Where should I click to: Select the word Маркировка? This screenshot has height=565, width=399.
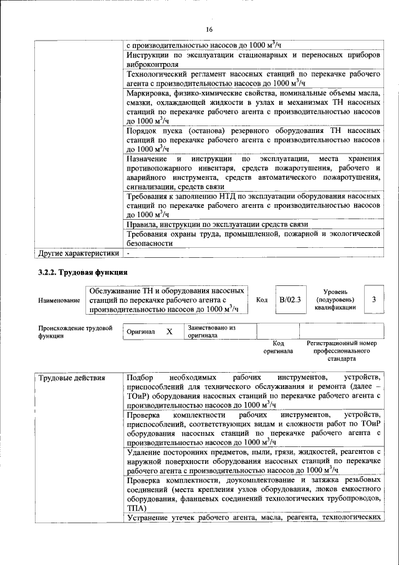pos(148,93)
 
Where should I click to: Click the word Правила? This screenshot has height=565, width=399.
pos(141,225)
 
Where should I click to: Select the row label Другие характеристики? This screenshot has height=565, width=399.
pos(78,253)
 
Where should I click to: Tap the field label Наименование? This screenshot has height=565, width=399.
pos(59,300)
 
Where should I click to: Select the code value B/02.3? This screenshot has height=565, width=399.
pos(290,300)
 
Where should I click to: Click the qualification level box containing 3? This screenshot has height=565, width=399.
pos(373,300)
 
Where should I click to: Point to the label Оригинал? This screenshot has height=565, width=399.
pos(140,332)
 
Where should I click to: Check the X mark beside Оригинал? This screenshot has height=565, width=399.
pos(169,332)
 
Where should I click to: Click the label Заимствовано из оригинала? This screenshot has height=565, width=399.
pos(212,332)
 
